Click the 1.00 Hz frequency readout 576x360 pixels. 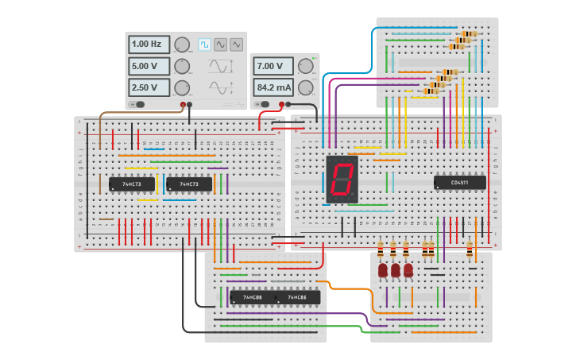[149, 45]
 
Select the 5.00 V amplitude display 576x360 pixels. [149, 66]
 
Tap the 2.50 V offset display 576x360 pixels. [149, 87]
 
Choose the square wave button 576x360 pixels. [204, 45]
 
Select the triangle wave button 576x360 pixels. [236, 45]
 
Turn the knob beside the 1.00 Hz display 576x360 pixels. [182, 45]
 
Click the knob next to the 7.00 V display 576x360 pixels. [305, 66]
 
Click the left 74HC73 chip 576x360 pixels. [131, 184]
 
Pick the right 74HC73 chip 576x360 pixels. [189, 184]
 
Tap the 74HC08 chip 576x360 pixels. [252, 298]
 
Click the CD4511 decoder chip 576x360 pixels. [459, 182]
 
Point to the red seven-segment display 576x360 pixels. [342, 178]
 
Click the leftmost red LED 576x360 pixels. [383, 270]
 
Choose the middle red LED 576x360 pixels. [396, 270]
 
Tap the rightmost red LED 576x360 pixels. [408, 270]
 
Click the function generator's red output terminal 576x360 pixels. [183, 104]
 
